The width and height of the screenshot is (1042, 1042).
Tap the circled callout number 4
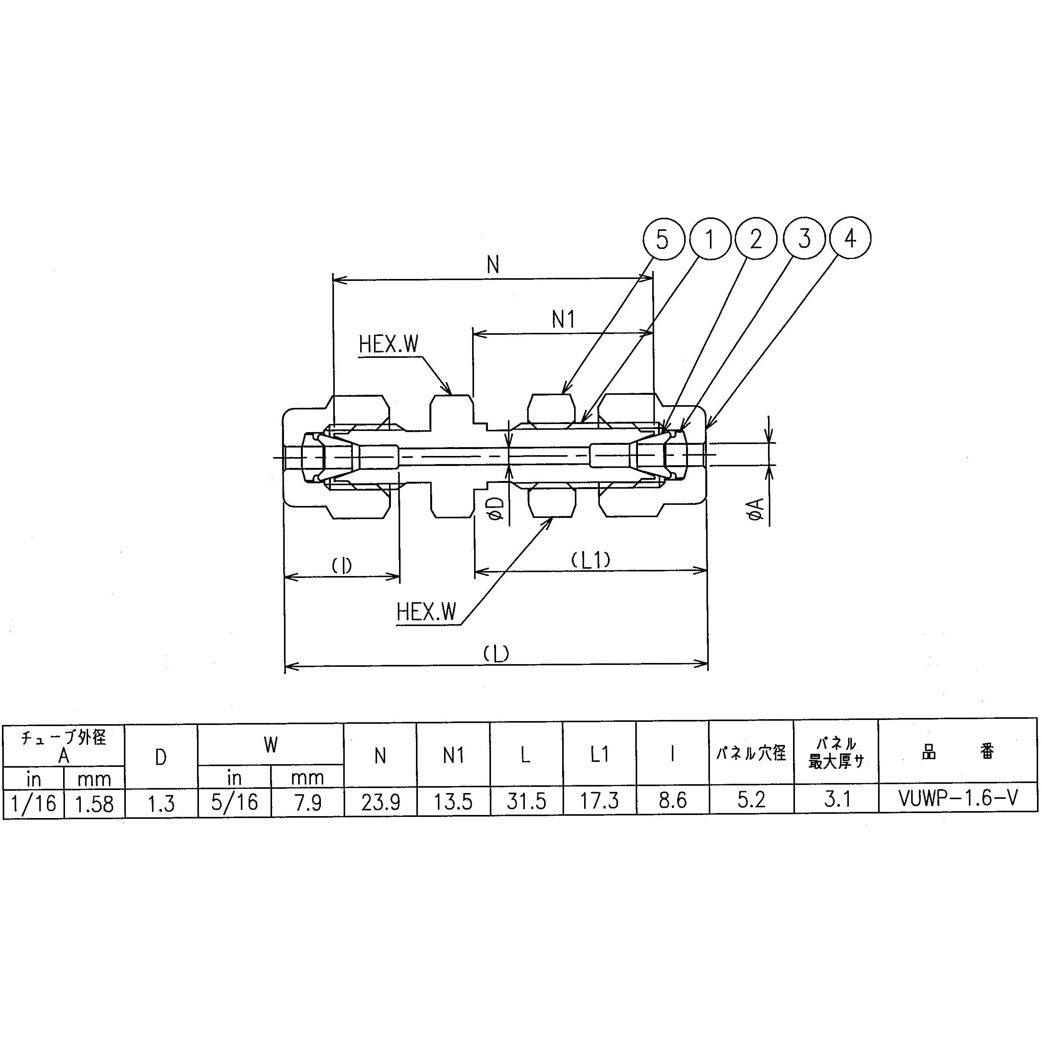tap(850, 238)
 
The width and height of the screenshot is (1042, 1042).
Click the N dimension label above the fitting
tap(493, 265)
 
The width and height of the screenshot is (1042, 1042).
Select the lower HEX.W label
tap(426, 612)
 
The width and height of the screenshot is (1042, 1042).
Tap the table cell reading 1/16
tap(33, 803)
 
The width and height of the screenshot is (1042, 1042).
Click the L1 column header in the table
tap(599, 755)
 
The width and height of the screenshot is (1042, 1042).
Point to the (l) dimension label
tap(341, 565)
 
